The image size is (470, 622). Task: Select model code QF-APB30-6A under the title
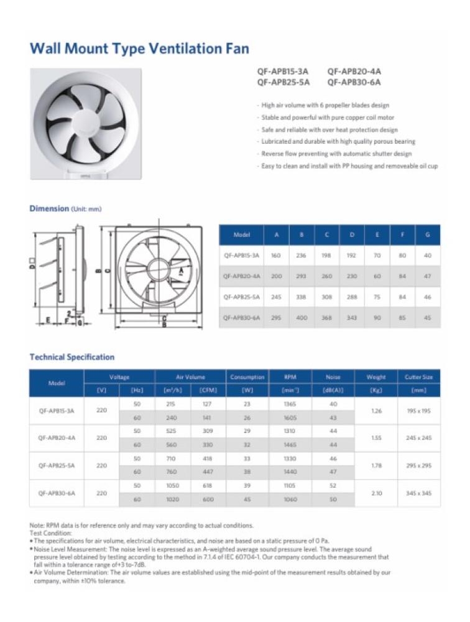[x=354, y=82]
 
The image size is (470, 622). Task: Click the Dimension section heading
[x=49, y=209]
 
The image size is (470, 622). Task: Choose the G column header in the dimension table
[x=426, y=235]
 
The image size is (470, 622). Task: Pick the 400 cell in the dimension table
[x=301, y=318]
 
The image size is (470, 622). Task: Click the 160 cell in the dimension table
[x=276, y=255]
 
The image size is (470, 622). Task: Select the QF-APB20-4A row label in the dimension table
[x=242, y=276]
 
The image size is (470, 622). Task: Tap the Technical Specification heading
[x=72, y=357]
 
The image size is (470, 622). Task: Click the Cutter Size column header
[x=418, y=377]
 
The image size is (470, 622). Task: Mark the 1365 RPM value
[x=290, y=404]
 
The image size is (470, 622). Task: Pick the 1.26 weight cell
[x=376, y=411]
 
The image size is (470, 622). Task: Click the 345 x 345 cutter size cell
[x=418, y=493]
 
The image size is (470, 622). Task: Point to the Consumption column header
[x=247, y=377]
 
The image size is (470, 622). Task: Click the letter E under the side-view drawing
[x=47, y=320]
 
